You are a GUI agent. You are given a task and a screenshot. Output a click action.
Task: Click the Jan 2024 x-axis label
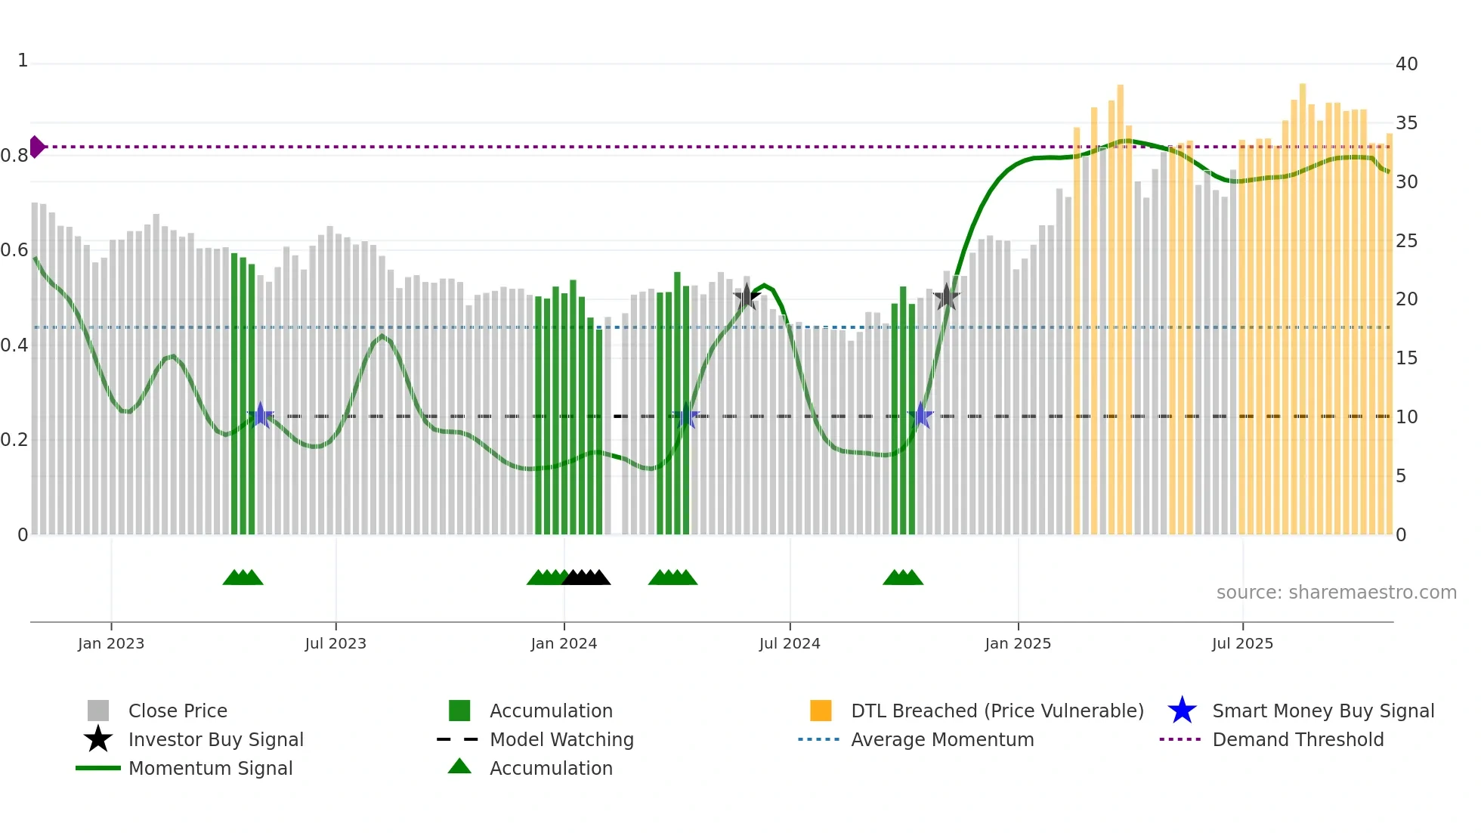564,643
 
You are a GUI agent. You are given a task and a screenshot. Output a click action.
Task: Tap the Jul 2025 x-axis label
1242,643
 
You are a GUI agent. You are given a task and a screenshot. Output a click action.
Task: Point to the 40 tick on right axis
1406,64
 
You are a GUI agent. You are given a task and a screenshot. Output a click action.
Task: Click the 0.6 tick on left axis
14,250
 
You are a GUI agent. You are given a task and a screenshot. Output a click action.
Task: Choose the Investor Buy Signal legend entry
215,739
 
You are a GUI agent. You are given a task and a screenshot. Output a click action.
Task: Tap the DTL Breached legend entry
997,711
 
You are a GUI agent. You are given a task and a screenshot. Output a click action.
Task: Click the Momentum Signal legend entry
210,768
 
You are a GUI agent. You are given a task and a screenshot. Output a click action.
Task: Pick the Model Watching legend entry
561,739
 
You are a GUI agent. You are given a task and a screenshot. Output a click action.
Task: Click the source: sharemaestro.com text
1336,593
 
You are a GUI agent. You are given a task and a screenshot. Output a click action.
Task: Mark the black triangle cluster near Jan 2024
586,578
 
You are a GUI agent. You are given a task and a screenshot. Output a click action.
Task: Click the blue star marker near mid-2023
261,415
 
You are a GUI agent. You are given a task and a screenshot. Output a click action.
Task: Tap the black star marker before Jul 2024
747,297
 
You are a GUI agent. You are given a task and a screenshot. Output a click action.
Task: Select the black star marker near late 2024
946,297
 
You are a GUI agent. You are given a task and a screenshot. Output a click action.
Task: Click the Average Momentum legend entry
941,739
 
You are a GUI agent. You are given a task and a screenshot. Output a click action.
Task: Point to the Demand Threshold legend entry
1297,739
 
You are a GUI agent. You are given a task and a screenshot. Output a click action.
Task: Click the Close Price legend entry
177,711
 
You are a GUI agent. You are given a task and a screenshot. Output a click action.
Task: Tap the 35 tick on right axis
1406,123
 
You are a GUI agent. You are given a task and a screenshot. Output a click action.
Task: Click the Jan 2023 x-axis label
111,643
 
